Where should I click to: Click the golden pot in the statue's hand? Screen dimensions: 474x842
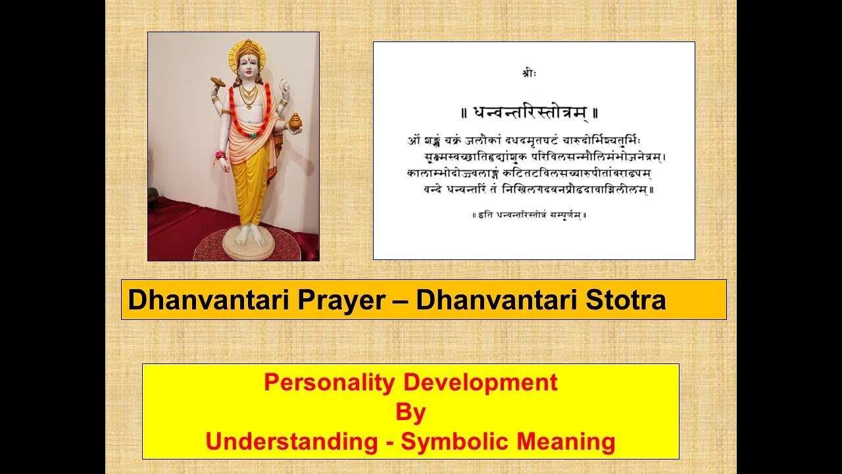point(295,121)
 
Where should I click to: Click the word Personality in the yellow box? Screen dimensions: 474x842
point(330,382)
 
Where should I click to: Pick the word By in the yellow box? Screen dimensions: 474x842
point(410,413)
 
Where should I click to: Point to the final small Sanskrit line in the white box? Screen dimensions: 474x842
point(530,215)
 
